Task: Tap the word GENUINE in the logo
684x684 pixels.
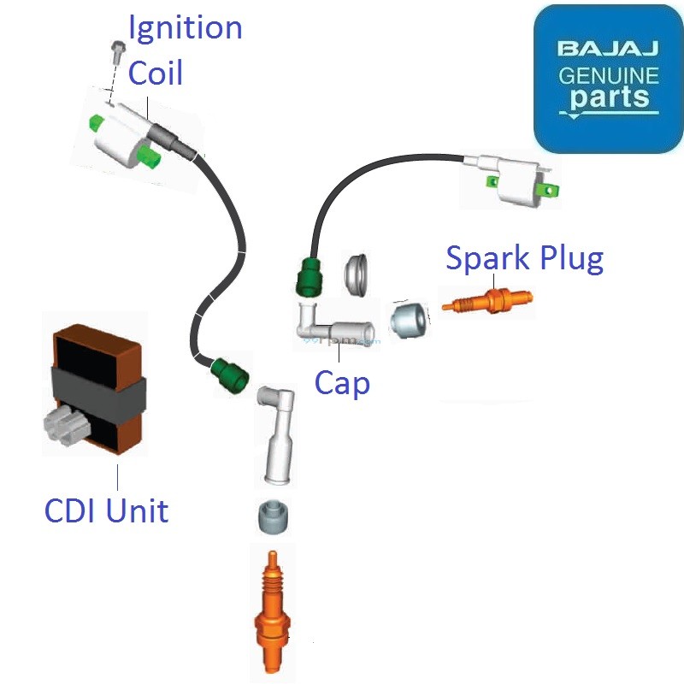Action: point(609,75)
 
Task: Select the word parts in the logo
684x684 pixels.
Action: point(609,98)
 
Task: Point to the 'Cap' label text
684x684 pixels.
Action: point(342,382)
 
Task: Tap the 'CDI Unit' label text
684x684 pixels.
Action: point(106,511)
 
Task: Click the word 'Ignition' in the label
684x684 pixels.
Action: point(185,27)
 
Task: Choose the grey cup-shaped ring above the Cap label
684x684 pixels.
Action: point(357,273)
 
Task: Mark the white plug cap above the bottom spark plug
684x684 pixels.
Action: point(277,436)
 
